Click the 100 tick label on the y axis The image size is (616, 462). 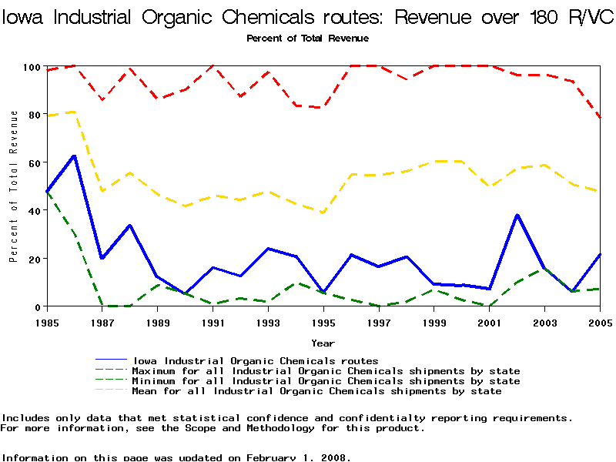[29, 67]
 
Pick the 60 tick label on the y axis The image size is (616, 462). [32, 162]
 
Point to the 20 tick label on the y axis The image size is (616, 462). [32, 259]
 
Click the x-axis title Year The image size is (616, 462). [323, 343]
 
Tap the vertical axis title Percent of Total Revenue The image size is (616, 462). [14, 186]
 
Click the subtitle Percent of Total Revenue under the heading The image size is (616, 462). [307, 38]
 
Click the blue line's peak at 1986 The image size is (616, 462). [74, 156]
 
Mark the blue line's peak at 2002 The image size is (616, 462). [517, 215]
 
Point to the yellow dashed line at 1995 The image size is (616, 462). [323, 213]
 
